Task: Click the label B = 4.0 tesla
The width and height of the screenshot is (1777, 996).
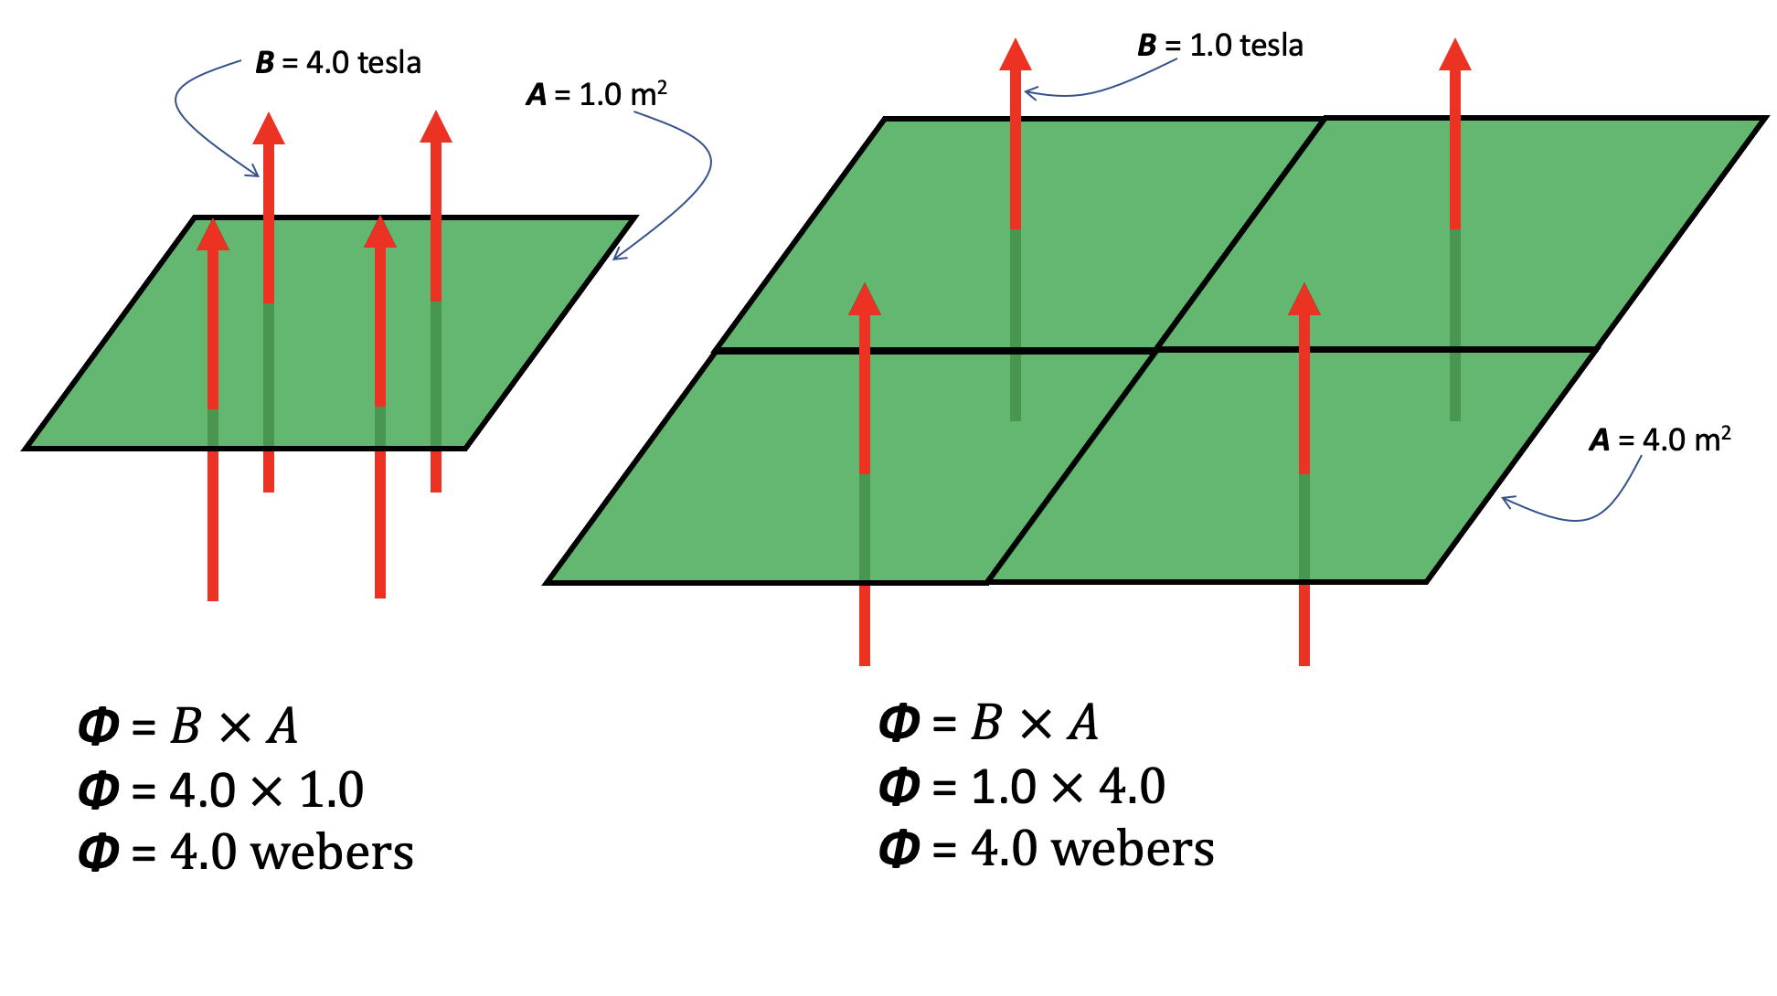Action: tap(338, 63)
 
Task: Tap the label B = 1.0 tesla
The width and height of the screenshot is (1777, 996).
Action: tap(1219, 46)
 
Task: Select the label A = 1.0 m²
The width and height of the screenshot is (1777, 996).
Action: tap(596, 94)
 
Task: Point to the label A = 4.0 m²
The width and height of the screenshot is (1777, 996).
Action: tap(1659, 440)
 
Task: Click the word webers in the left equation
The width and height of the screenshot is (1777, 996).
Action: tap(332, 853)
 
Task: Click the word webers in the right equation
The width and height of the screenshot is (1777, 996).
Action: tap(1133, 849)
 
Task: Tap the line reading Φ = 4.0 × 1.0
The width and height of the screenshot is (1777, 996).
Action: tap(221, 790)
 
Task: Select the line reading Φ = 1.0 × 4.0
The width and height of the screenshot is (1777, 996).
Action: tap(1022, 787)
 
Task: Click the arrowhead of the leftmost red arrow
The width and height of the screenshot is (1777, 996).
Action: tap(213, 234)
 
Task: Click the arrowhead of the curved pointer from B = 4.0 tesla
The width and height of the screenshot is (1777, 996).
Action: tap(256, 174)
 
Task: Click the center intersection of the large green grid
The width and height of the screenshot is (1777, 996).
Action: tap(1156, 350)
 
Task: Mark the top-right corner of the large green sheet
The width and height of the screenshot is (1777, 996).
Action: tap(1763, 119)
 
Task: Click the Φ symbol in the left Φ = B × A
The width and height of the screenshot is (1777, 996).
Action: tap(99, 727)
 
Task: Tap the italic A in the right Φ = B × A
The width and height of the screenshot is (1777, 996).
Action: tap(1084, 724)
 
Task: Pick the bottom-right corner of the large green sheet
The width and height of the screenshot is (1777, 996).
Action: tap(1426, 581)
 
